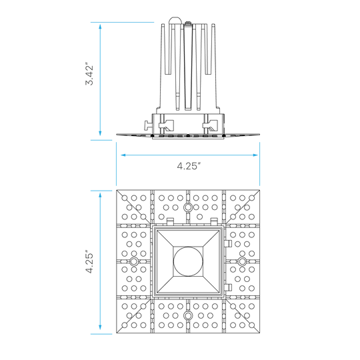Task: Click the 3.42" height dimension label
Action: tap(89, 73)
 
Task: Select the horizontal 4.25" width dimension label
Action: tap(189, 166)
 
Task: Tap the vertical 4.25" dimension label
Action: tap(89, 261)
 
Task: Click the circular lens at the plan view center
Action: tap(188, 261)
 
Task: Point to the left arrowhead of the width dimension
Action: tap(123, 155)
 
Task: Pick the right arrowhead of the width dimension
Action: tap(255, 155)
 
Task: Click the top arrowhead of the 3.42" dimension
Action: tap(100, 27)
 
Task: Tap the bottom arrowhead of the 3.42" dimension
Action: tap(100, 133)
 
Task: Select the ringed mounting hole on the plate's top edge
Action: tap(188, 207)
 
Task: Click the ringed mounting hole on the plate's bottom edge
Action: tap(188, 316)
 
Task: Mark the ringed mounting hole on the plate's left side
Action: tap(134, 261)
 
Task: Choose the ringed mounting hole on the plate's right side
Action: tap(242, 261)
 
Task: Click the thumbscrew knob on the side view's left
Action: tap(148, 125)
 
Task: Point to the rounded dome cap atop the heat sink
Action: tap(175, 21)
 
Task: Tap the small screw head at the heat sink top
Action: tap(188, 23)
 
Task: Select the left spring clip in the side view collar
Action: tap(166, 125)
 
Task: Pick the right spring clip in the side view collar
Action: tap(210, 125)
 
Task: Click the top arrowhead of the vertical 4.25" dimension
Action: tap(100, 195)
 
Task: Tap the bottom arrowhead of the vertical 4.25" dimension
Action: tap(100, 327)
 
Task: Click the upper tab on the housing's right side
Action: tap(229, 243)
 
